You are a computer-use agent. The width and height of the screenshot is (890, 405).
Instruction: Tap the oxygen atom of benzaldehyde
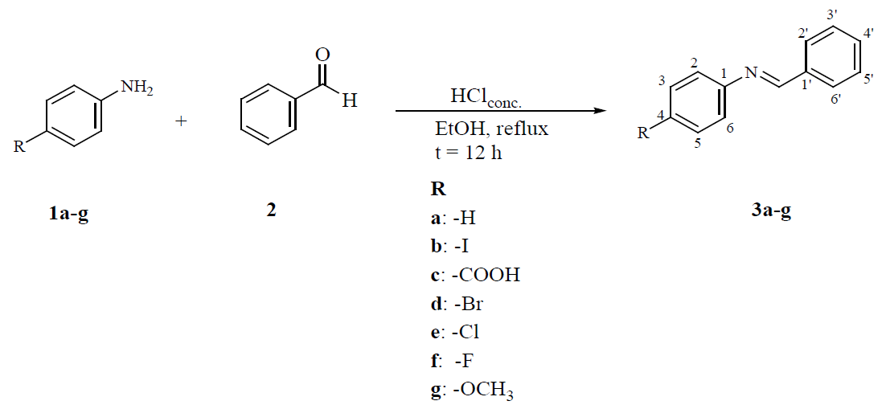pyautogui.click(x=323, y=55)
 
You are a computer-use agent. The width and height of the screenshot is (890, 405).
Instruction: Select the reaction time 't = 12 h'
pyautogui.click(x=467, y=152)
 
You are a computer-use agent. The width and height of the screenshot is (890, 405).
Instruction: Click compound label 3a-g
pyautogui.click(x=765, y=212)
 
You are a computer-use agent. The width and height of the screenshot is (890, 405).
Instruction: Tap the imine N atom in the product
pyautogui.click(x=750, y=74)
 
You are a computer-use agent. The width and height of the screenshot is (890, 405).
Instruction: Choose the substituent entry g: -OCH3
pyautogui.click(x=472, y=391)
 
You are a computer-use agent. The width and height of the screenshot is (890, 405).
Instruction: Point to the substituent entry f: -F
pyautogui.click(x=456, y=361)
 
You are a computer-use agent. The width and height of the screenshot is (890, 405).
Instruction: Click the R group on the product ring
pyautogui.click(x=642, y=134)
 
